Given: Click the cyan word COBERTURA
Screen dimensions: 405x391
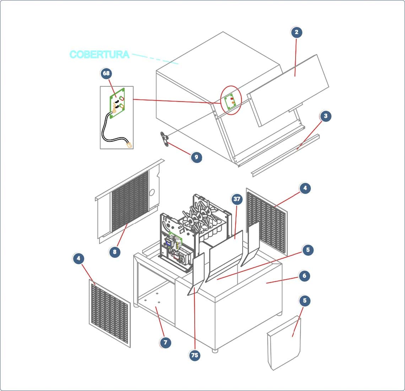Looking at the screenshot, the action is tap(99, 54).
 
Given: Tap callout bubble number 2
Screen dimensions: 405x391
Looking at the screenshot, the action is tap(296, 32).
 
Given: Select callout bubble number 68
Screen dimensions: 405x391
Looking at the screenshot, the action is tap(106, 74).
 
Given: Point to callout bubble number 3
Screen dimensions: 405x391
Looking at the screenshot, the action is tap(325, 116).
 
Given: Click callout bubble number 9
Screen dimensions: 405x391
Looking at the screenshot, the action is tap(196, 157).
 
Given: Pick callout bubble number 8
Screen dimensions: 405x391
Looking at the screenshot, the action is tap(115, 252).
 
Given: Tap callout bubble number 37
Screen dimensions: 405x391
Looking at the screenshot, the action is tap(237, 199).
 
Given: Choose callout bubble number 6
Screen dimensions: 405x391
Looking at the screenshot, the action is tap(304, 276).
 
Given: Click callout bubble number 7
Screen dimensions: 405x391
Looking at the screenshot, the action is tap(165, 342).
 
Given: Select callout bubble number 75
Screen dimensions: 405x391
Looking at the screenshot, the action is tap(194, 355).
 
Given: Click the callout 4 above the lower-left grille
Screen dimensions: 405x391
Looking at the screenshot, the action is tap(79, 258).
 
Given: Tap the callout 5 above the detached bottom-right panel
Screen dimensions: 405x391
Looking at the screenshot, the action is tap(305, 300).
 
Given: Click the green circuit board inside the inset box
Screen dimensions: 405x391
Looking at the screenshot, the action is tap(118, 103).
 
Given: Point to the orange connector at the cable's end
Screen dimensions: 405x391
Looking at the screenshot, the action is tap(129, 145).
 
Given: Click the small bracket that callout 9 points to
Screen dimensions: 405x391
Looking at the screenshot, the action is tap(164, 139).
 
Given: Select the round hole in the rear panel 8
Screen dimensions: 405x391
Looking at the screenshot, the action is tap(152, 192).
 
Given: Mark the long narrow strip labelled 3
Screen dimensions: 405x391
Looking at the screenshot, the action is tap(285, 155).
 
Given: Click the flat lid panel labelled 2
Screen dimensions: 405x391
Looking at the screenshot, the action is tap(288, 91).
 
